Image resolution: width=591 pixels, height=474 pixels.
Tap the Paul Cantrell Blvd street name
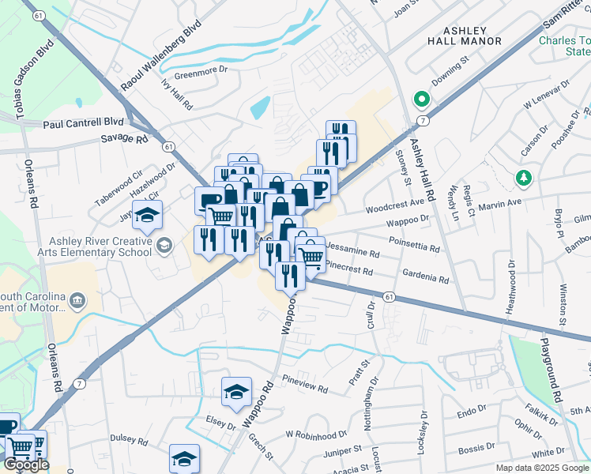click(84, 122)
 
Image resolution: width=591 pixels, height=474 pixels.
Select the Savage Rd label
click(125, 139)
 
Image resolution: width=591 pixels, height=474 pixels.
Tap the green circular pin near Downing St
click(422, 100)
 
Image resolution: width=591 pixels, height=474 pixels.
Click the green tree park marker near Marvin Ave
click(521, 178)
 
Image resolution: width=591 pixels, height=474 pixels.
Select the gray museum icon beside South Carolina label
click(77, 299)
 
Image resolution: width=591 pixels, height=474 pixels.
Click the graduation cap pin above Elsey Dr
click(236, 392)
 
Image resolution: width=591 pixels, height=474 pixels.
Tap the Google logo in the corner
click(26, 465)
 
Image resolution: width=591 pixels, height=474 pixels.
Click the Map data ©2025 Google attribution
click(542, 468)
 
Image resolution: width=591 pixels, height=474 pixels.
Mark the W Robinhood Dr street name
click(316, 434)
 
